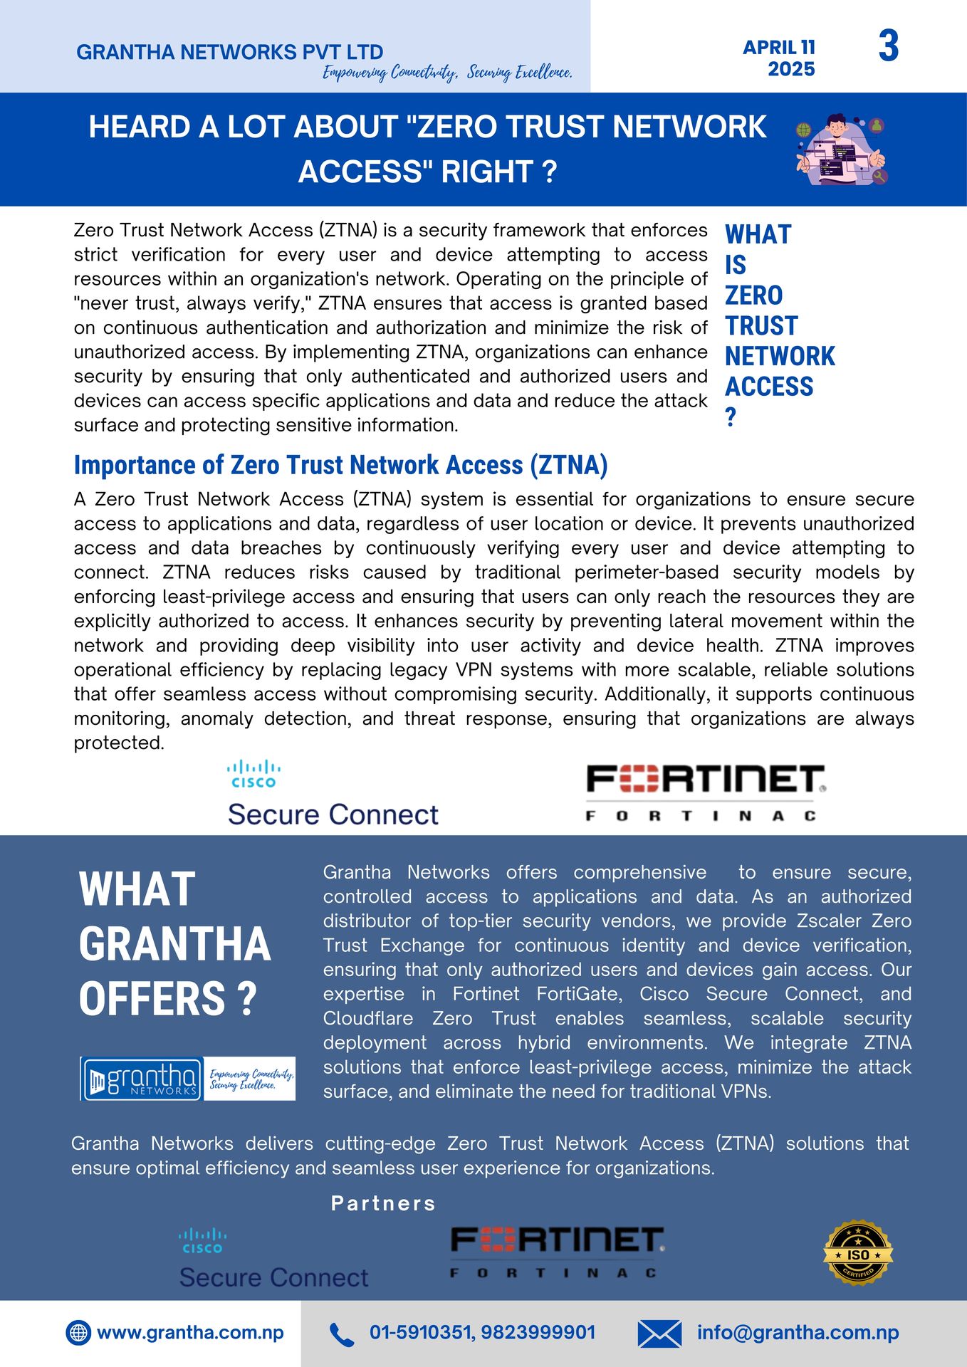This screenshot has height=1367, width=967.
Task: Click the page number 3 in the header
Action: [889, 46]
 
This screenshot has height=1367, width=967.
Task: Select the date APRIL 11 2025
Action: [779, 58]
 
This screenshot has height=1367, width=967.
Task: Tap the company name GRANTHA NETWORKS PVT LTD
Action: [229, 52]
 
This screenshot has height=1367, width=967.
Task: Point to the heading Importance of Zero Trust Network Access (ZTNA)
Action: [340, 465]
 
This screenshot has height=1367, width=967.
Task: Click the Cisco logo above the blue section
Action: [253, 774]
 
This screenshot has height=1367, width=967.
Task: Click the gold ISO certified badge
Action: [858, 1252]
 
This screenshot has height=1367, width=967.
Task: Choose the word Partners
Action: [383, 1203]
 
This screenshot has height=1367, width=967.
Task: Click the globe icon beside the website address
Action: [78, 1332]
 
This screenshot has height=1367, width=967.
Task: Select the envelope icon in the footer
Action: [659, 1334]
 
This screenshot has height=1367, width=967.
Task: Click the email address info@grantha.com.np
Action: [798, 1332]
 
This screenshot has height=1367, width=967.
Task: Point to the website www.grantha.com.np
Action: [190, 1332]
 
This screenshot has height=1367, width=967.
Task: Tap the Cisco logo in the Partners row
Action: [203, 1240]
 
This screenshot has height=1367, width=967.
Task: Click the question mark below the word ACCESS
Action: [731, 417]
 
